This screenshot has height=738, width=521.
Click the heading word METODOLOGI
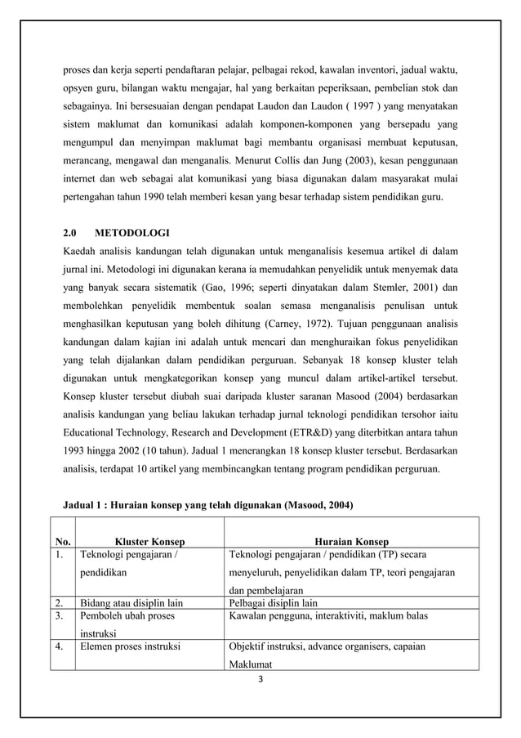point(133,233)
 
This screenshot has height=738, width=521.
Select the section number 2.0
point(71,233)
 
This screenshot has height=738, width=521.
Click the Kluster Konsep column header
point(149,541)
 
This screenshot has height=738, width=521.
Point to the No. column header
point(62,541)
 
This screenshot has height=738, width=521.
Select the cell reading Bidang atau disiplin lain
point(131,604)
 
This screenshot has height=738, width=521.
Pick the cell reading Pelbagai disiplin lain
point(273,604)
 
